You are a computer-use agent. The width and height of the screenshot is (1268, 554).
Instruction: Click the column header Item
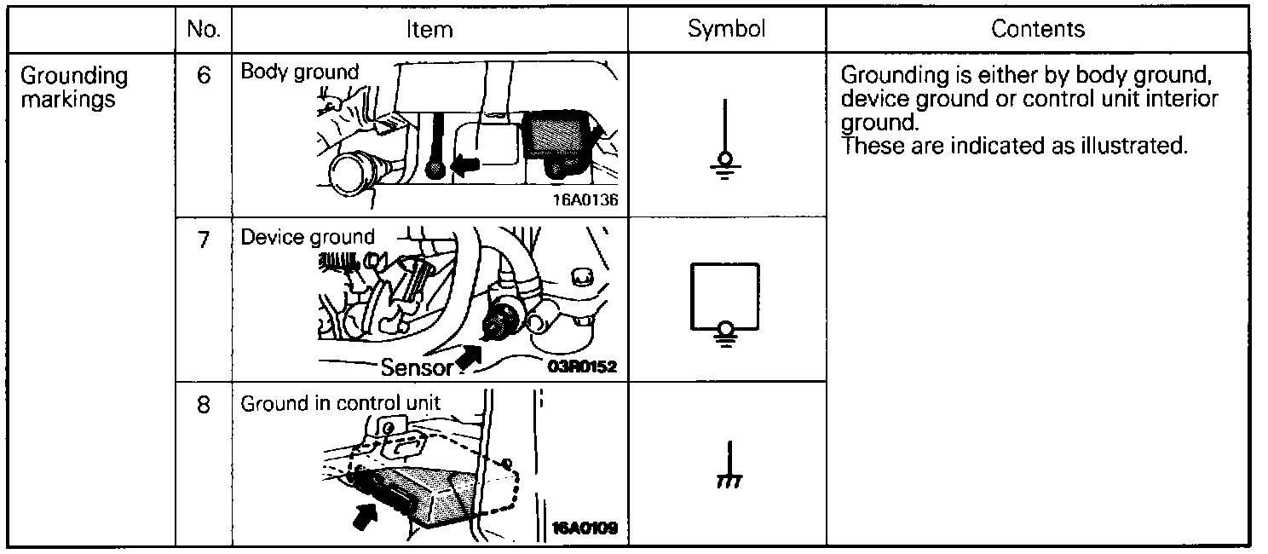click(x=429, y=30)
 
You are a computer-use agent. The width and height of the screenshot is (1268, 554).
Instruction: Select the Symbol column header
click(x=726, y=29)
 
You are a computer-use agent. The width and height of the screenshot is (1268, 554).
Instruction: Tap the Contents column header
click(x=1037, y=29)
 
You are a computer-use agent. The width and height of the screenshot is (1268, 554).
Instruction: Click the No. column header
click(x=203, y=30)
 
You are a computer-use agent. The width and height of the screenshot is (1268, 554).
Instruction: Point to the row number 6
click(x=203, y=75)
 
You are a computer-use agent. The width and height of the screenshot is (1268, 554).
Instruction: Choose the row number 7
click(x=203, y=239)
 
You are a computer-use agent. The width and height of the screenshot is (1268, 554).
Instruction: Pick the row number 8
click(x=203, y=404)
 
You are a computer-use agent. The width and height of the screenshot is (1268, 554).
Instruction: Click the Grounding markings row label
click(x=74, y=87)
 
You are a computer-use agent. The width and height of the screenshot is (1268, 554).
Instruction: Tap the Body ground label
click(x=300, y=72)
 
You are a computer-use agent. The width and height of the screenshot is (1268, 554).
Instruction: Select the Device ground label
click(x=308, y=237)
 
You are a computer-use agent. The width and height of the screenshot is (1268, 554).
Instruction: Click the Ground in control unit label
click(x=341, y=403)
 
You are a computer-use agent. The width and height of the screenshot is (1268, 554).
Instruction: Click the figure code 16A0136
click(x=584, y=202)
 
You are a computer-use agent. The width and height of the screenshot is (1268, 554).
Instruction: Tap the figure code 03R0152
click(x=584, y=367)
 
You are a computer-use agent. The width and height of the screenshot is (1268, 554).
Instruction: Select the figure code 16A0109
click(x=584, y=528)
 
